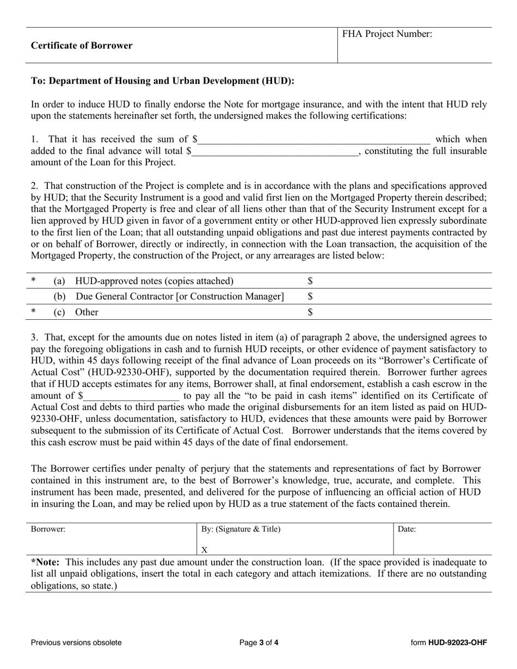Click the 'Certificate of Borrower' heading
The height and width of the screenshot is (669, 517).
click(82, 46)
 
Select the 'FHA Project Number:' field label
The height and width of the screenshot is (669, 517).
click(387, 34)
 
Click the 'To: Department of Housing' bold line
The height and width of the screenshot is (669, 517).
click(163, 81)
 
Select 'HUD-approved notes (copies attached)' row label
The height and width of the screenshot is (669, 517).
click(154, 281)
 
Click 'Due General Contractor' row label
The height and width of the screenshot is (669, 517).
click(179, 296)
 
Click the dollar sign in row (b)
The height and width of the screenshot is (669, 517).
click(310, 296)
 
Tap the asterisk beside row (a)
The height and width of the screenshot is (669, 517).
click(34, 281)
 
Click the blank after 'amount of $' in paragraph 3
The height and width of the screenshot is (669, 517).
click(131, 396)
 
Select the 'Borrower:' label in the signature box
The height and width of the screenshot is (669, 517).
click(48, 529)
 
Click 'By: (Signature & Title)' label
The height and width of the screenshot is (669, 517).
click(241, 529)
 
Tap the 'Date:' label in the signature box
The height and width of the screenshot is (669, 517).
click(407, 529)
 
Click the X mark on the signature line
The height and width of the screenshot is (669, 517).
click(205, 549)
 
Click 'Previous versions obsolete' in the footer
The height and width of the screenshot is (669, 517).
click(76, 642)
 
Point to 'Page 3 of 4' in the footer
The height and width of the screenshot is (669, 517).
click(259, 642)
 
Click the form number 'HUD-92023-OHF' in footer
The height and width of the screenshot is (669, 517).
click(457, 642)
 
